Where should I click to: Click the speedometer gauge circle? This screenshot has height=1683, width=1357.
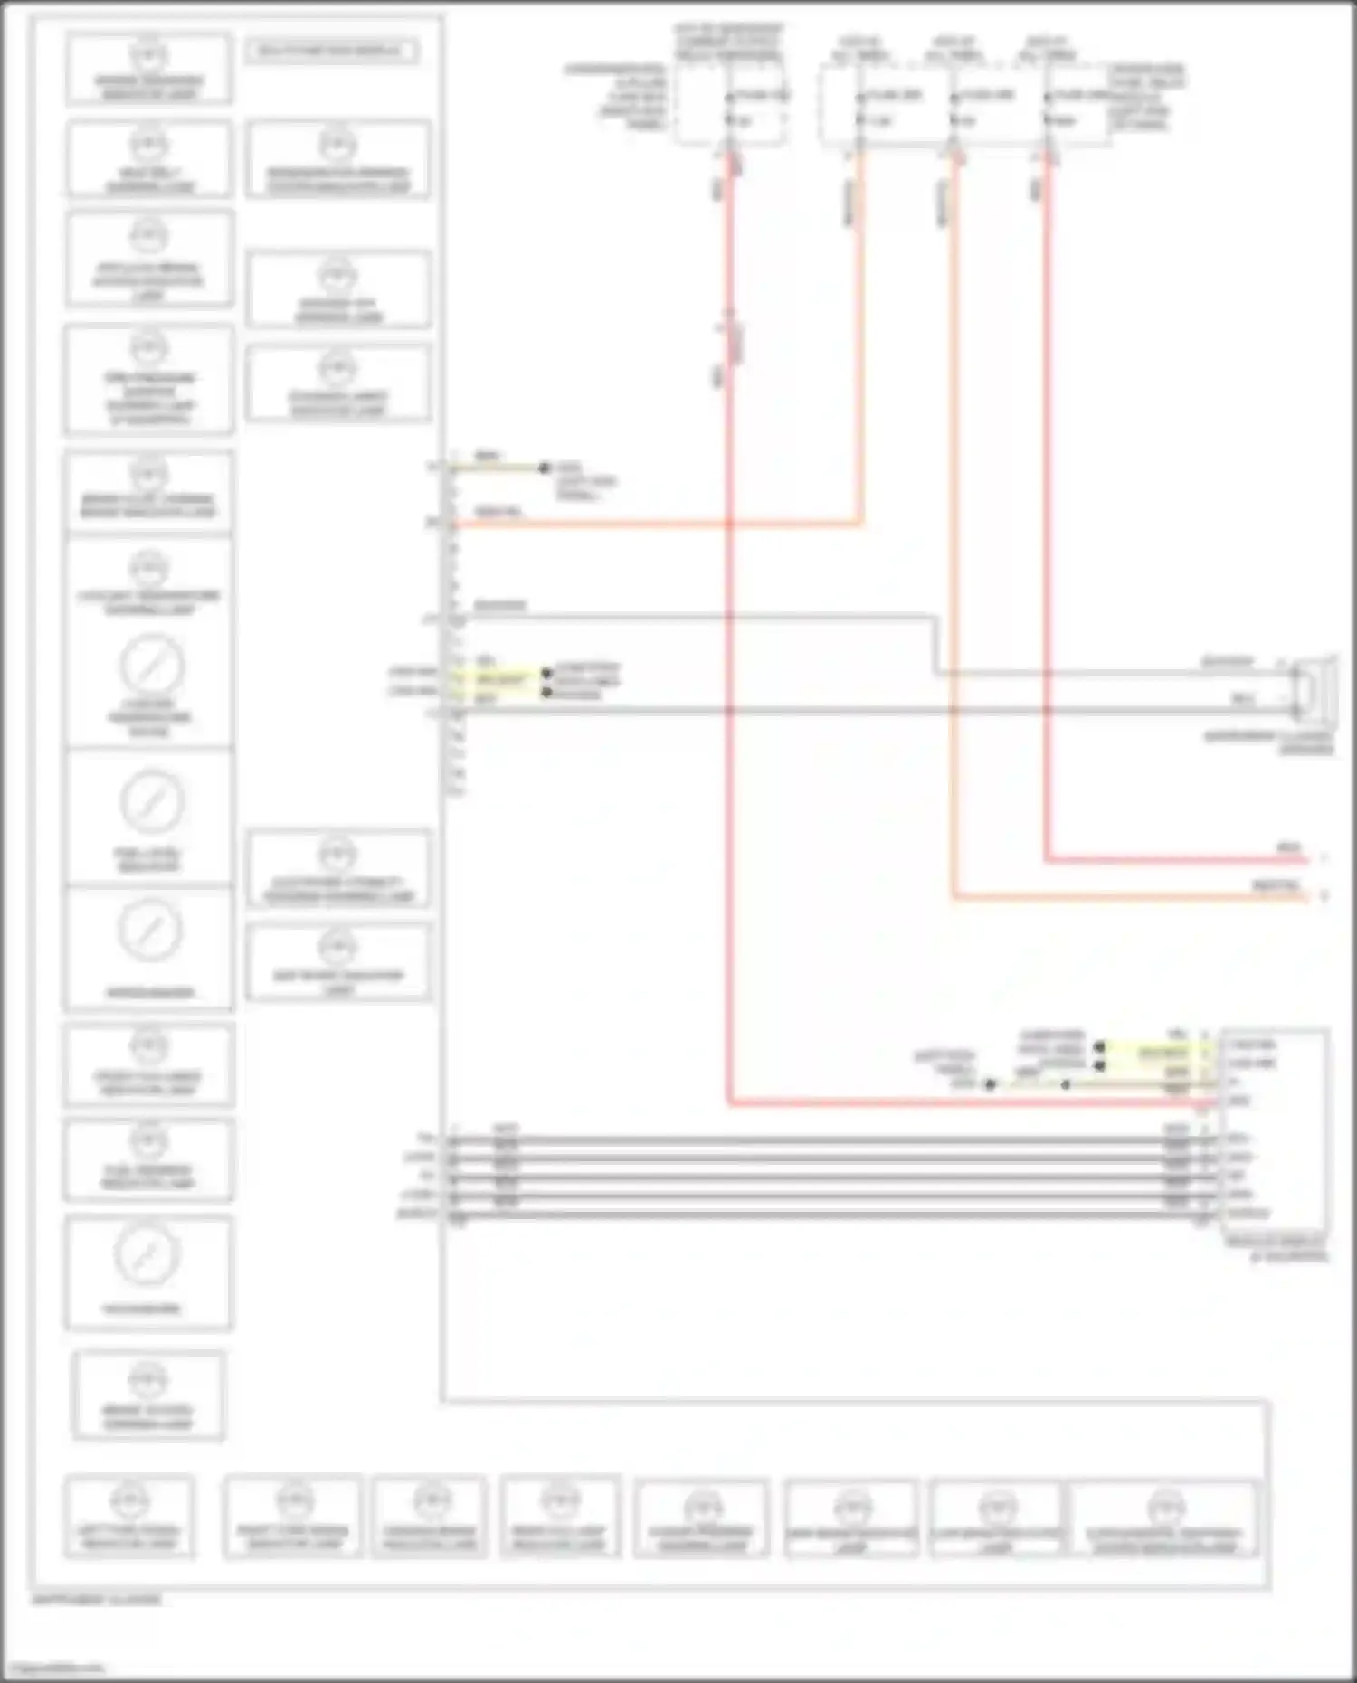click(150, 931)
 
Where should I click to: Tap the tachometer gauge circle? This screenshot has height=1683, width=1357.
click(147, 1254)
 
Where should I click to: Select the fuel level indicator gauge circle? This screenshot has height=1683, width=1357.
click(151, 801)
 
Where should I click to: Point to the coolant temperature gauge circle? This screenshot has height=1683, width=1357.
click(151, 667)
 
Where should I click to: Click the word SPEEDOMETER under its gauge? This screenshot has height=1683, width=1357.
click(150, 992)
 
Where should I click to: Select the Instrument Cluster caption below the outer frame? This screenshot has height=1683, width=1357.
click(96, 1600)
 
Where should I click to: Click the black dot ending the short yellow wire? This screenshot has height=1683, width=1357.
click(544, 468)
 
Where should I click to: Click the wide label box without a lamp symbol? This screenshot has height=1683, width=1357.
click(331, 51)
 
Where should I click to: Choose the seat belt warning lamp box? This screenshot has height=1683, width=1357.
click(149, 159)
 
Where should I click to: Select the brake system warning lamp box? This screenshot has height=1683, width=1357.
click(148, 1395)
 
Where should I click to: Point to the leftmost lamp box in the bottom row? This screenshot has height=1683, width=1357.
click(128, 1516)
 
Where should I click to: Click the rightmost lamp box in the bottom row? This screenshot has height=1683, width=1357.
click(1163, 1518)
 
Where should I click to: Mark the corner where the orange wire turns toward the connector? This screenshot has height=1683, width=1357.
click(859, 523)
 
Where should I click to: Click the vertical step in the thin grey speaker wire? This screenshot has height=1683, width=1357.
click(936, 646)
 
